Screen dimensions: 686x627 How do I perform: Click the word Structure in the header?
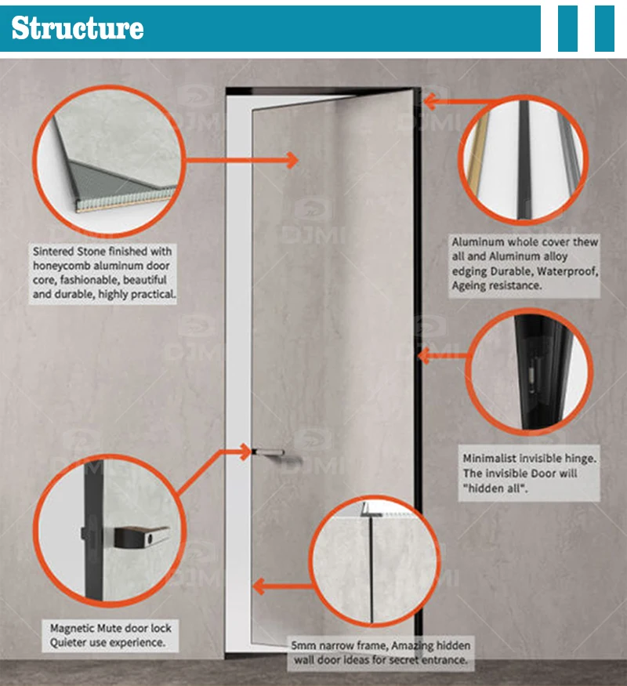77,28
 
